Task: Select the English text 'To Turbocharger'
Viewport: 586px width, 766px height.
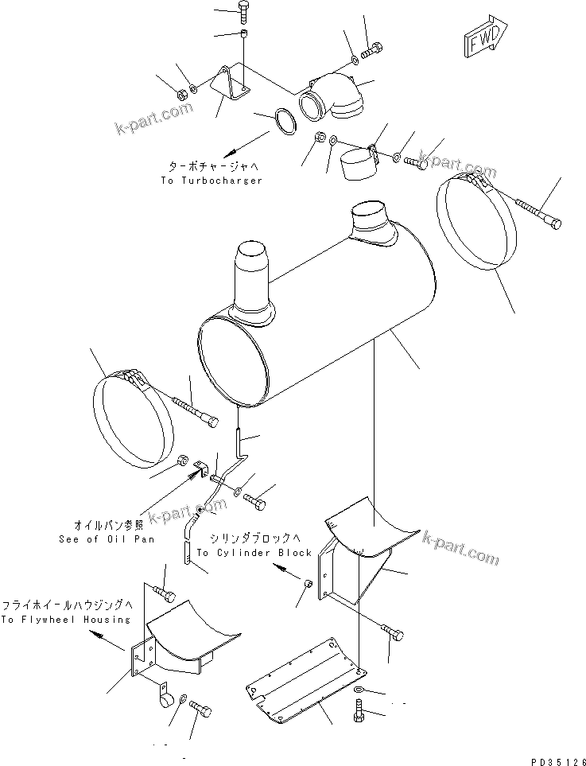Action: click(211, 181)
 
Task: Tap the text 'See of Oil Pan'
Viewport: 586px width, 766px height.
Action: click(107, 539)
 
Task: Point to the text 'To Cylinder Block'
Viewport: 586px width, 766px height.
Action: click(254, 552)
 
